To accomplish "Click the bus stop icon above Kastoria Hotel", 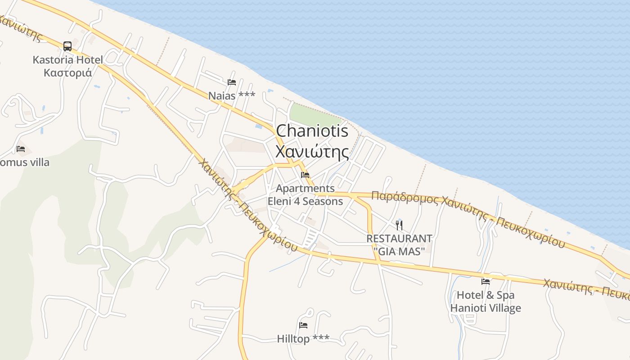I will point(67,46).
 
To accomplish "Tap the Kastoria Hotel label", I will point(67,60).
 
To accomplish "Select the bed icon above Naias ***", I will point(232,82).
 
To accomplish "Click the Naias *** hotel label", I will point(232,95).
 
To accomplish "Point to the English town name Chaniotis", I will point(312,131).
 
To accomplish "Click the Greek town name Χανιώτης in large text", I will point(312,152).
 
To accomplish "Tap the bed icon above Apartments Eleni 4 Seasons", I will point(305,175).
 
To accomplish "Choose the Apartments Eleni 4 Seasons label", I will point(305,195).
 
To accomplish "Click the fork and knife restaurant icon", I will point(399,225).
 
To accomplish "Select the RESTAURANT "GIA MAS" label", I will point(399,245).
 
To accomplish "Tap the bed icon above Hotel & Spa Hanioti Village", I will point(486,282).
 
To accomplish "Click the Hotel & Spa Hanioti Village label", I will point(486,301).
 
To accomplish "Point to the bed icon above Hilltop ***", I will point(303,325).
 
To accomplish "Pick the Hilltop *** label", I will point(303,338).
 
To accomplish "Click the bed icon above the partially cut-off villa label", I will point(21,149).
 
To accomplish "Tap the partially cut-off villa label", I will point(25,162).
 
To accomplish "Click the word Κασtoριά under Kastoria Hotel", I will point(67,72).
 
